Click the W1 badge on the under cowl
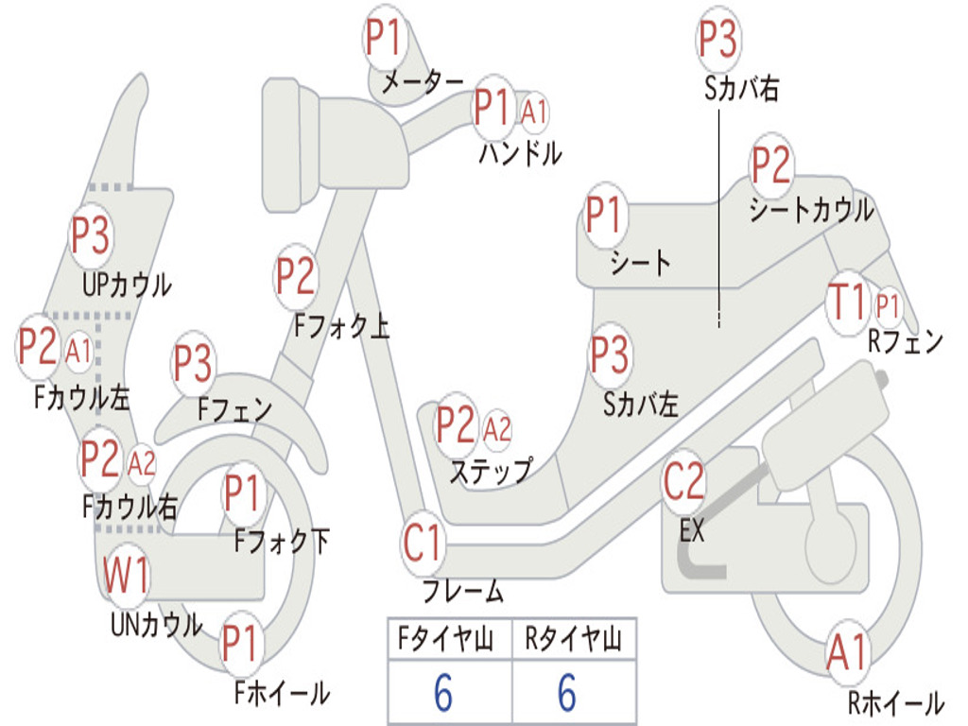126,575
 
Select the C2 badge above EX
683,481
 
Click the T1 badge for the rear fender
849,302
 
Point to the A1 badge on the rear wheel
848,652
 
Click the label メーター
423,82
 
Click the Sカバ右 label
741,89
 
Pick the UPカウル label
128,285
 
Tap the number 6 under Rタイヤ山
568,692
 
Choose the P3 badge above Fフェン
193,363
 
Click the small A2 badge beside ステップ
497,429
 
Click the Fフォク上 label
341,326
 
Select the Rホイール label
896,702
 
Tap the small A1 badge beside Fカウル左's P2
78,352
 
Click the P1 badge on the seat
603,215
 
